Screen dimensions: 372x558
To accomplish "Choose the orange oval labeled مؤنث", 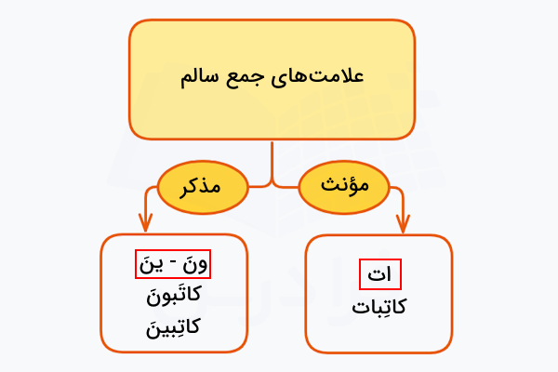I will [346, 185].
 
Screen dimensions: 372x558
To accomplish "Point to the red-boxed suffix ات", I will [379, 275].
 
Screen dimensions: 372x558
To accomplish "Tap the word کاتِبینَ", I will [173, 326].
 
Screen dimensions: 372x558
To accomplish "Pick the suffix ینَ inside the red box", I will [151, 265].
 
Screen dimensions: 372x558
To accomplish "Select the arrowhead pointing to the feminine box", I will [403, 223].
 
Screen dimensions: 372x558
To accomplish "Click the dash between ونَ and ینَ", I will [173, 266].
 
